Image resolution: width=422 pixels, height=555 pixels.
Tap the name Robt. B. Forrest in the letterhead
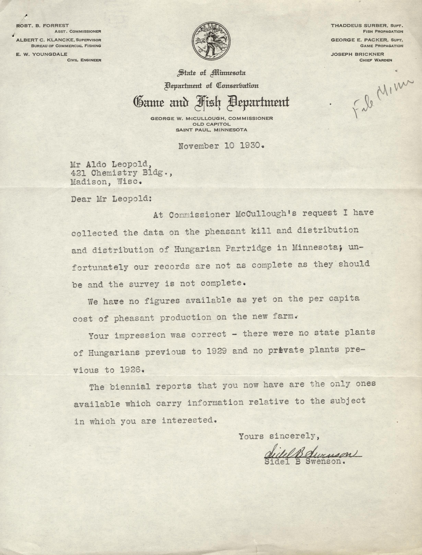[42, 26]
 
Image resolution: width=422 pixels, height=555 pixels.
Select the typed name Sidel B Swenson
[304, 462]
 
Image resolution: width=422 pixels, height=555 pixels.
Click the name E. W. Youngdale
[42, 54]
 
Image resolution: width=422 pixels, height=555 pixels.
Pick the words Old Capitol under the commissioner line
[211, 124]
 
